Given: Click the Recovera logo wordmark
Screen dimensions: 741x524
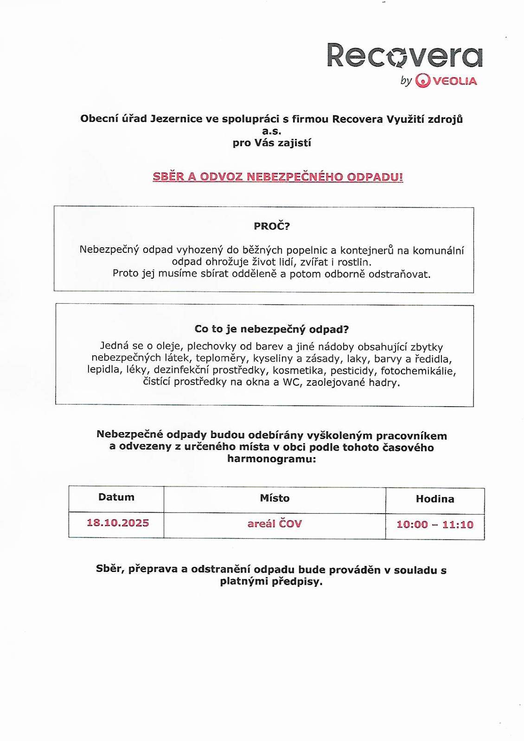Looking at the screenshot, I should (404, 56).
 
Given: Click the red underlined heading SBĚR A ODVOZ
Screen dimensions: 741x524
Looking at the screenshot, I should (278, 177).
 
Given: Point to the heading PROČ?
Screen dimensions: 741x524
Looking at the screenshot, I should (271, 226).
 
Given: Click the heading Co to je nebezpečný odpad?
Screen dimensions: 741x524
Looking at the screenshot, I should (271, 329).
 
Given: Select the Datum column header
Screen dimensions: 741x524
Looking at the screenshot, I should (116, 497).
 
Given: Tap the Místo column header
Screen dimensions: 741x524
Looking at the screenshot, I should (275, 498).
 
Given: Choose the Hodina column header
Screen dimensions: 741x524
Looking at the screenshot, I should (435, 499).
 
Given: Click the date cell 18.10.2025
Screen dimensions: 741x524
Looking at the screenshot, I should (118, 523).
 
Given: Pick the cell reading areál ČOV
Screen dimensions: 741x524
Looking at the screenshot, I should (275, 524).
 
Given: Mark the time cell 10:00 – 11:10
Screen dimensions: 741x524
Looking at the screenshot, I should (435, 525).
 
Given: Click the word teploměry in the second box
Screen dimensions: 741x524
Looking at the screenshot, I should (217, 358).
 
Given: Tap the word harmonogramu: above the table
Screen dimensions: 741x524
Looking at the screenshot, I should (271, 459).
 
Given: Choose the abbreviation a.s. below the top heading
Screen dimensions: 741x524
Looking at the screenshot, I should (272, 131).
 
